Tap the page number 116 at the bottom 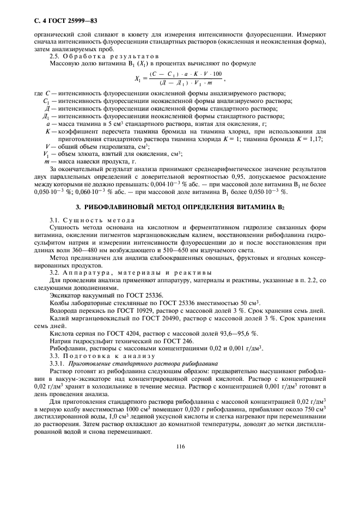click(x=180, y=446)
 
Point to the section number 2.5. click(x=55, y=57)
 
